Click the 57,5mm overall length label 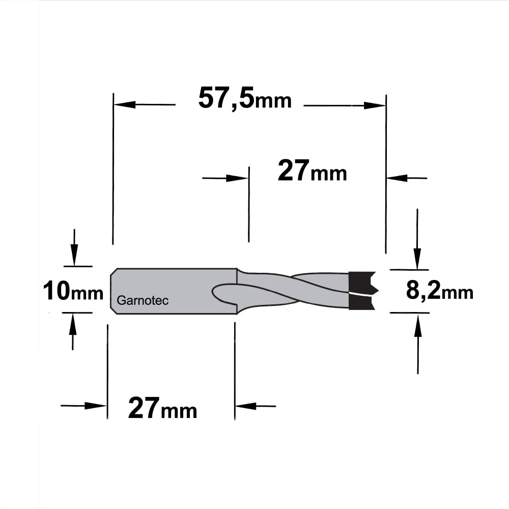pyautogui.click(x=245, y=98)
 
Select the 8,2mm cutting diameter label pyautogui.click(x=440, y=291)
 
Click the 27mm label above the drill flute pyautogui.click(x=313, y=171)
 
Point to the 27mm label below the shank pyautogui.click(x=163, y=408)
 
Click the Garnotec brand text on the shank pyautogui.click(x=143, y=300)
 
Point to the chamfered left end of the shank pyautogui.click(x=114, y=291)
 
